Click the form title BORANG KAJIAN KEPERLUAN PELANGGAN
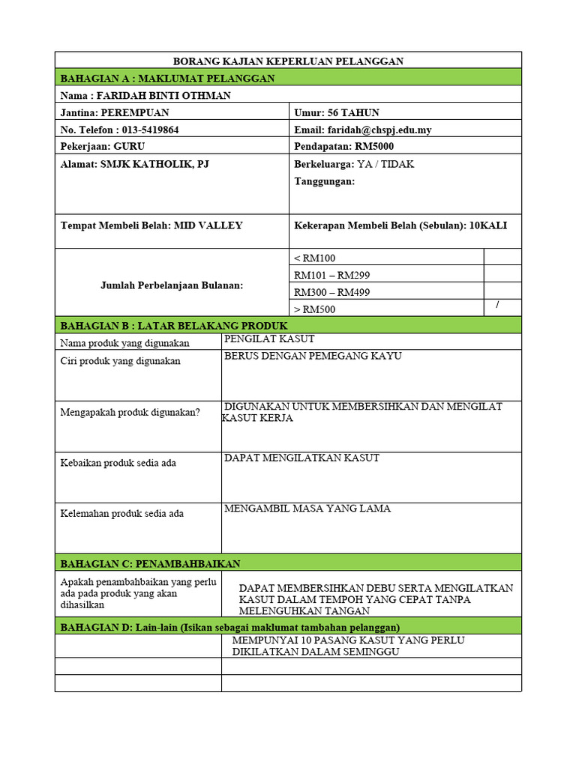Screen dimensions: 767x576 coord(289,61)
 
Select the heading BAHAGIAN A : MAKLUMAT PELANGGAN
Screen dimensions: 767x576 coord(166,78)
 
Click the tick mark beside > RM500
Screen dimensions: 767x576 coord(497,306)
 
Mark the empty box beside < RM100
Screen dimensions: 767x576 coord(502,258)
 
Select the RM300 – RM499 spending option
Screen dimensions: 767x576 coord(331,292)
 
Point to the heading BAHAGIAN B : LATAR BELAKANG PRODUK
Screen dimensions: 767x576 coord(173,325)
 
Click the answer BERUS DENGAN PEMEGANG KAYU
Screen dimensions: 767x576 coord(313,356)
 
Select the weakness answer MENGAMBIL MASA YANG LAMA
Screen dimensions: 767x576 coord(307,509)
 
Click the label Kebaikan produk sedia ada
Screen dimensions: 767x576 coord(118,463)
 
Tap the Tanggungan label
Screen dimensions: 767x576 coord(324,181)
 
